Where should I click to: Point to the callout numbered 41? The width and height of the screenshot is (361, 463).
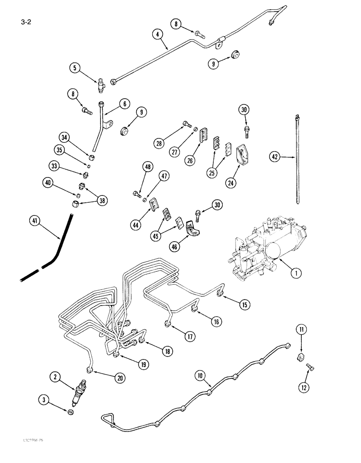34,221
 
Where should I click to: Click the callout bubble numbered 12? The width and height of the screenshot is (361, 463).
307,386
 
